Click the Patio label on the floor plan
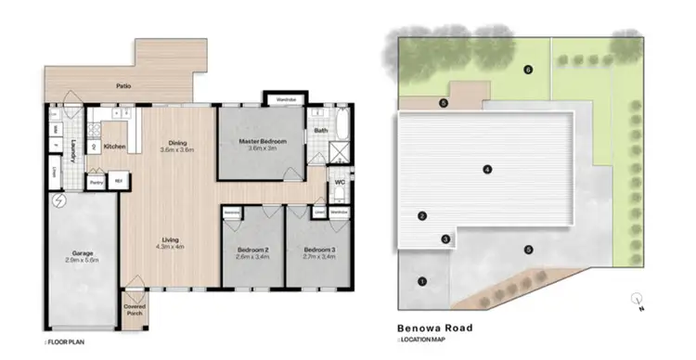(x=122, y=86)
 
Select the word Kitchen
(x=114, y=147)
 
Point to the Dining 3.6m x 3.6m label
(x=176, y=146)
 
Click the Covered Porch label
(x=135, y=311)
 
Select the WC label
(x=340, y=182)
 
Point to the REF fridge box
(x=119, y=182)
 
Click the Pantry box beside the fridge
(x=97, y=182)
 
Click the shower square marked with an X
(x=339, y=153)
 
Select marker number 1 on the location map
(x=422, y=281)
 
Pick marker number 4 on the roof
(x=486, y=168)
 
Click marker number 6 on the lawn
(x=528, y=70)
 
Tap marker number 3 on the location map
(x=445, y=239)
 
